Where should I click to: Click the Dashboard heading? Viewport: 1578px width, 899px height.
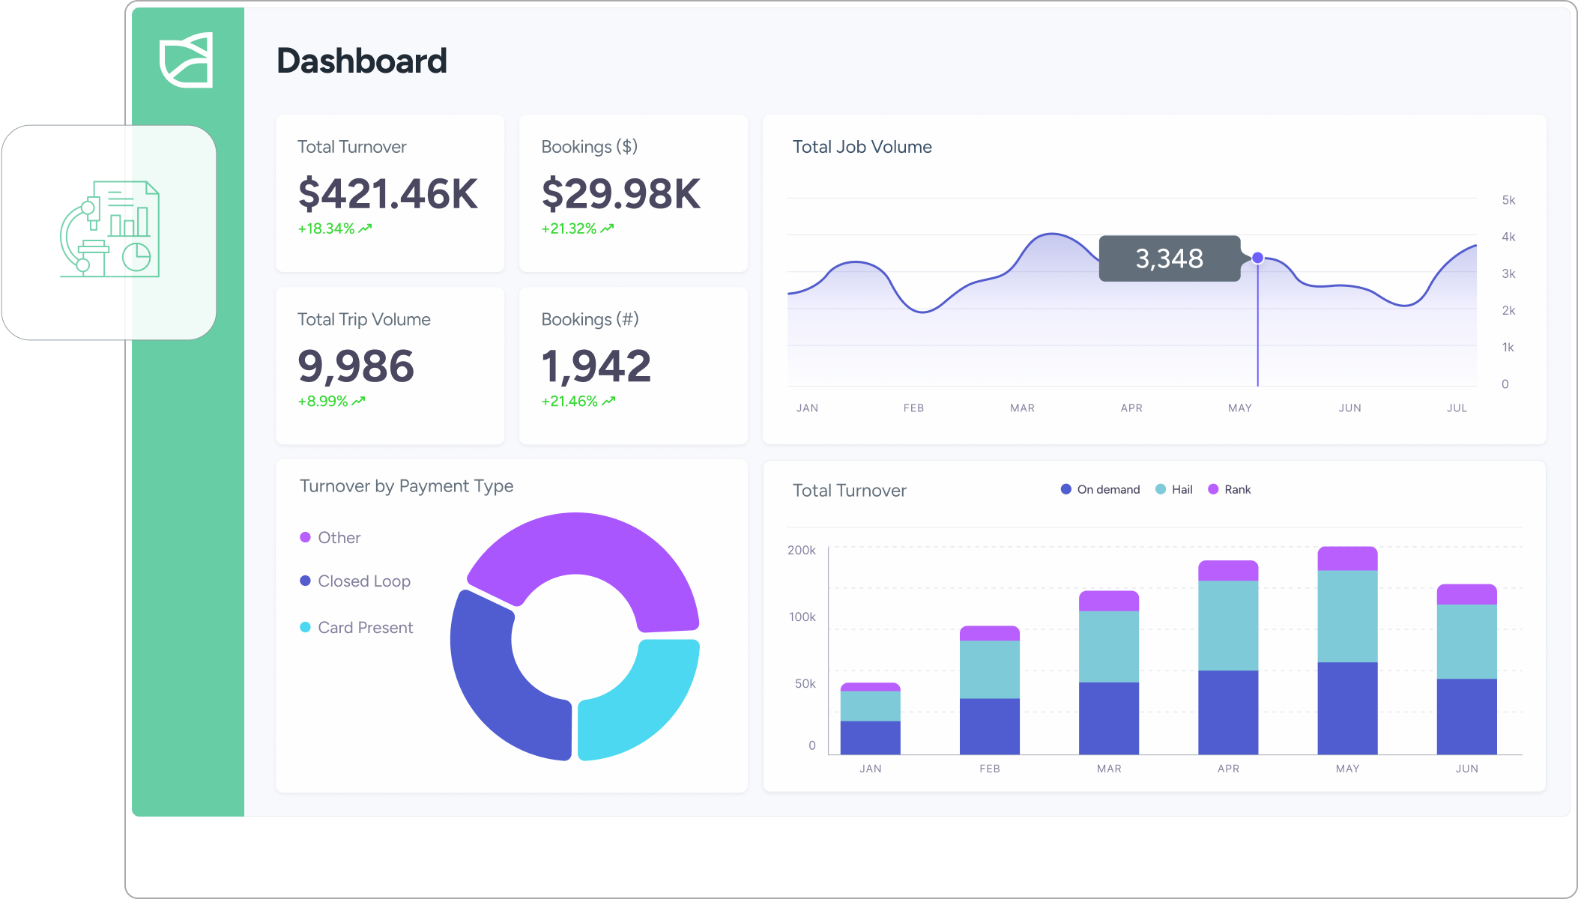click(x=361, y=61)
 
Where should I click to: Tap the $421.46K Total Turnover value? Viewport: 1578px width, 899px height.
click(x=387, y=194)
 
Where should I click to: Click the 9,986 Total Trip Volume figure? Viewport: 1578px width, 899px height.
click(x=355, y=366)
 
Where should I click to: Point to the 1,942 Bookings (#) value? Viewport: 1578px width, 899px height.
click(x=596, y=366)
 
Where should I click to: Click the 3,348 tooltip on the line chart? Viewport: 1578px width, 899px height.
click(x=1169, y=258)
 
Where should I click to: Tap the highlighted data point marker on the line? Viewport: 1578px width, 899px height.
click(x=1258, y=258)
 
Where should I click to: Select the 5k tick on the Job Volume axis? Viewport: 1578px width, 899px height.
click(x=1508, y=200)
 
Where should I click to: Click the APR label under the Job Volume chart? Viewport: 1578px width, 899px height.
click(x=1131, y=408)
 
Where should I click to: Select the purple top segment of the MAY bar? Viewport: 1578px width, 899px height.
click(x=1347, y=559)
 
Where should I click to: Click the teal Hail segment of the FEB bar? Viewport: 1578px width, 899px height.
click(x=989, y=669)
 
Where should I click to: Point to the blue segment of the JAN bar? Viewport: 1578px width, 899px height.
click(x=870, y=737)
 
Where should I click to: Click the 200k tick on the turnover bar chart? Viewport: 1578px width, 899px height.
click(x=801, y=550)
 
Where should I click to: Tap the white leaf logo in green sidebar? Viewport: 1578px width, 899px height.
click(x=187, y=60)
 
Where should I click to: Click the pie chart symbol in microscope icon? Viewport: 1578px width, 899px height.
click(x=136, y=256)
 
